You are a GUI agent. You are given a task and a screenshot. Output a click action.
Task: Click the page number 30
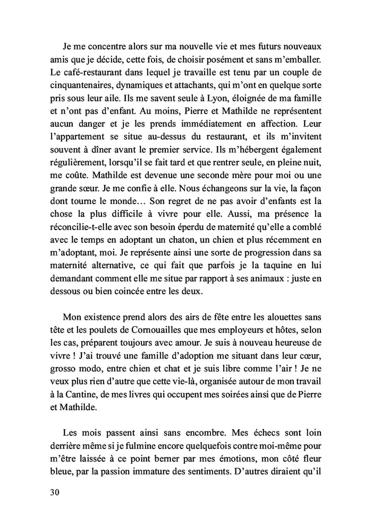coord(54,492)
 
